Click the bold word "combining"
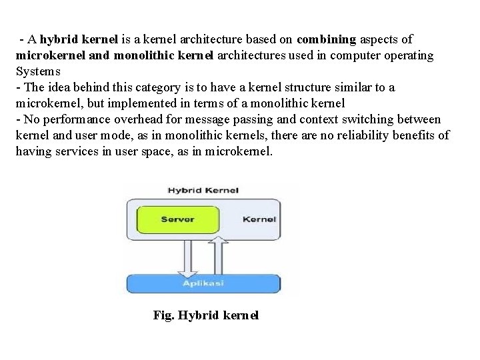(327, 39)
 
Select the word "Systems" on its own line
(39, 71)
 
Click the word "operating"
(407, 55)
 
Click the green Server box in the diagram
(177, 219)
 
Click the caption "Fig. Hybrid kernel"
(205, 315)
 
